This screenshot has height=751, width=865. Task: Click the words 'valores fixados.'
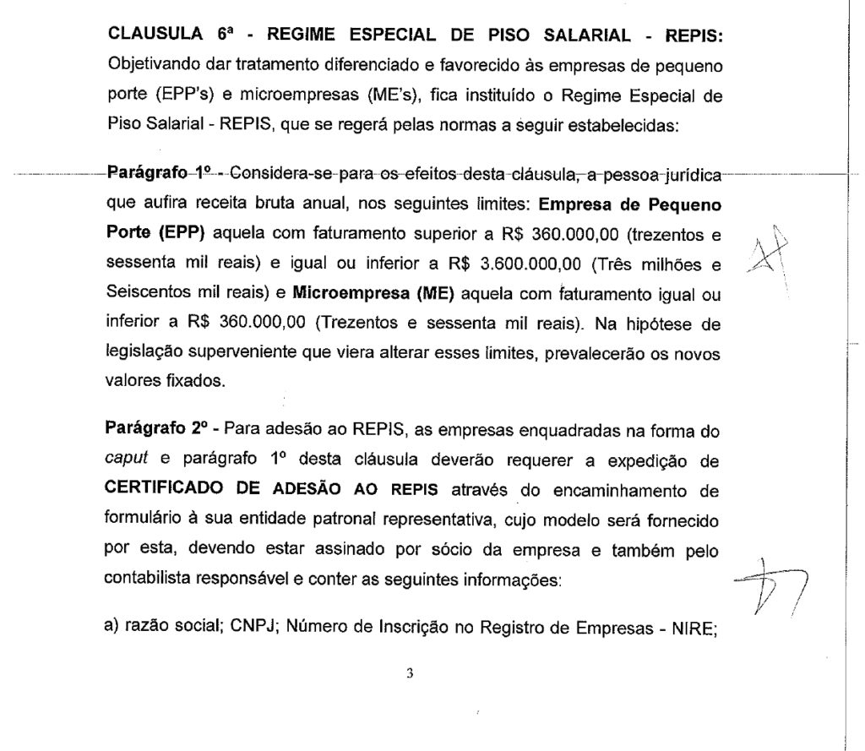[x=166, y=380]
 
